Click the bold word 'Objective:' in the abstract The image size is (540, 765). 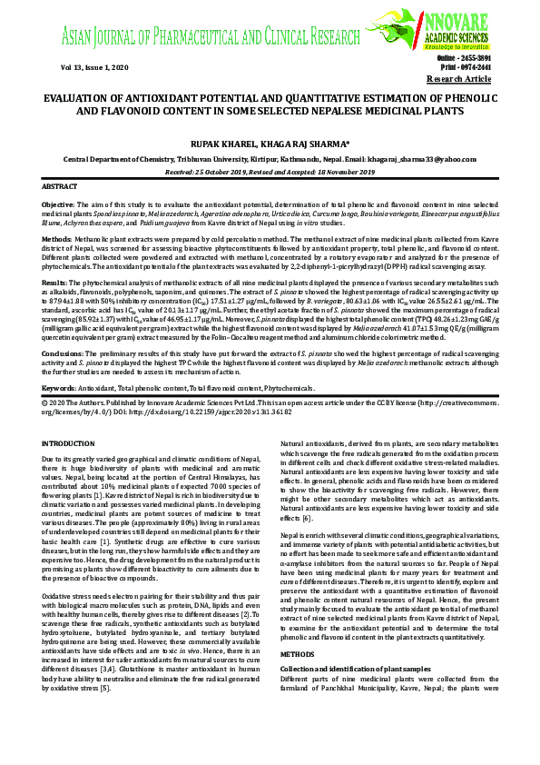coord(59,202)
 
